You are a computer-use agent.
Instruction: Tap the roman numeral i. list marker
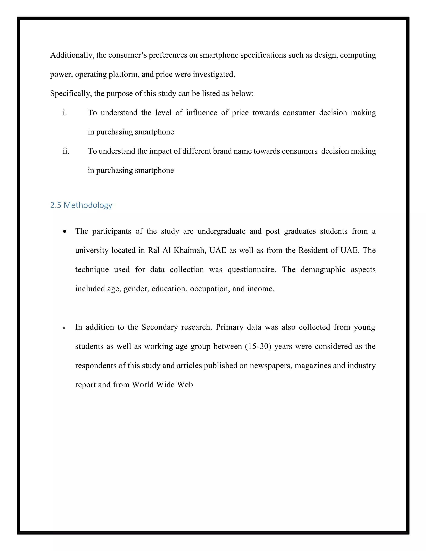(x=65, y=113)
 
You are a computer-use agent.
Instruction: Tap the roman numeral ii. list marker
(x=66, y=151)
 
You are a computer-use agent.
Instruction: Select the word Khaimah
(x=189, y=250)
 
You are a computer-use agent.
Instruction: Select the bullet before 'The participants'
(x=65, y=231)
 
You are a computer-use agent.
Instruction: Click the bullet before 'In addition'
(x=64, y=328)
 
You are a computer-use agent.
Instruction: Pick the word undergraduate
(x=221, y=231)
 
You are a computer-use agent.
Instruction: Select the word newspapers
(x=271, y=366)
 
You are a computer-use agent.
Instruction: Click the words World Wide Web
(x=162, y=385)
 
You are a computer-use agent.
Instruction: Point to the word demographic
(x=323, y=270)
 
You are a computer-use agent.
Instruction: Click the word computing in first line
(x=358, y=55)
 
